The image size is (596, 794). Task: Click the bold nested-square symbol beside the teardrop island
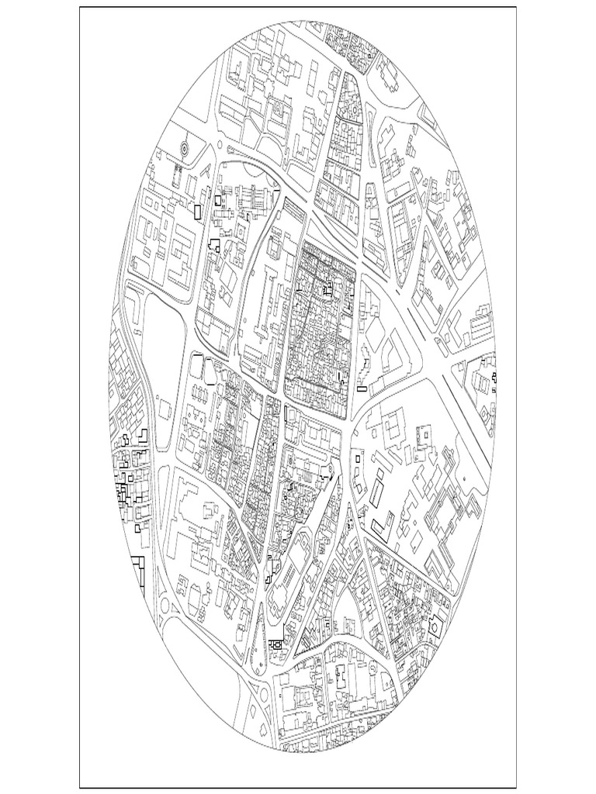coord(275,644)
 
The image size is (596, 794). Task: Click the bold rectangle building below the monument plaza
coord(198,210)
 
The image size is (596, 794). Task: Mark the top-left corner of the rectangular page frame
coord(80,8)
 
